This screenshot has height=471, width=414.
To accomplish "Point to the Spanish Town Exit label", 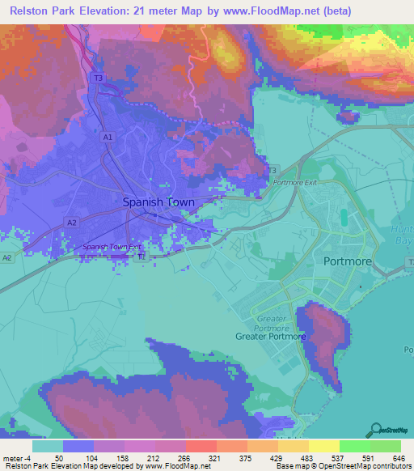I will (112, 247).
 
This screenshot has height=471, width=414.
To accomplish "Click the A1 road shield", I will (108, 138).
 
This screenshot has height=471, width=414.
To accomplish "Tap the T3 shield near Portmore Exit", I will (272, 170).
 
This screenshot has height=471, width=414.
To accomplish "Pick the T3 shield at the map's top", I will (99, 78).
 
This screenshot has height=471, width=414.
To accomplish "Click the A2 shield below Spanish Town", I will (72, 223).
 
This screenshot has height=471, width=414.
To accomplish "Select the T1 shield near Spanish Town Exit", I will (142, 257).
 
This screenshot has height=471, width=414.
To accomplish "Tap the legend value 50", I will (58, 457).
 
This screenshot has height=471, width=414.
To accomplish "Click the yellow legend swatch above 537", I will (323, 446).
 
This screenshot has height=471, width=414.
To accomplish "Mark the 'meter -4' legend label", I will (16, 457).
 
